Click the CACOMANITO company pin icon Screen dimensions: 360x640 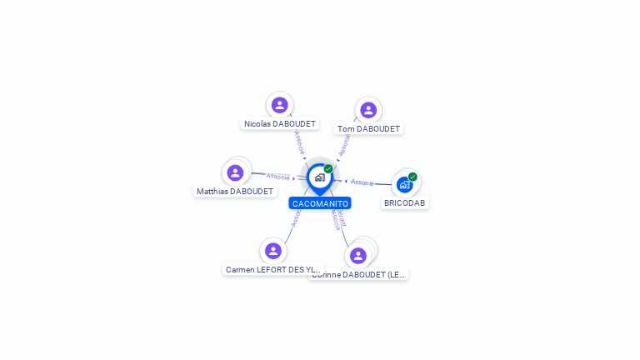click(x=319, y=177)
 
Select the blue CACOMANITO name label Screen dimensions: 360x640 click(x=320, y=203)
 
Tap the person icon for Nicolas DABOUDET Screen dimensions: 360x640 click(x=279, y=105)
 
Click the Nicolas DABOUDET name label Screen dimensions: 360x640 click(x=280, y=124)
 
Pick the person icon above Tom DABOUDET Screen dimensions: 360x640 click(x=368, y=110)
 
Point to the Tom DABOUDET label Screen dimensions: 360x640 click(x=369, y=129)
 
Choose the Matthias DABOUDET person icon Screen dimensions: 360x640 click(x=235, y=172)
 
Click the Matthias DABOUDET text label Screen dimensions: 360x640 click(x=235, y=192)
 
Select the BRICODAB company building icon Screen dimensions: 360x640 click(x=404, y=184)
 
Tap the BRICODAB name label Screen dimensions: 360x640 click(x=405, y=203)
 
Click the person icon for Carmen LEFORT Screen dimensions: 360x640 click(x=272, y=251)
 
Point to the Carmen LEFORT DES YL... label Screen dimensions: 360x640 click(x=272, y=270)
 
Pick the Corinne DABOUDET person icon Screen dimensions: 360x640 click(x=358, y=255)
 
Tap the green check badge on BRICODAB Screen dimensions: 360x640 click(x=412, y=177)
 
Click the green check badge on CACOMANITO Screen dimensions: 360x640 click(x=328, y=169)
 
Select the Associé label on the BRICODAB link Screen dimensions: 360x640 click(x=362, y=182)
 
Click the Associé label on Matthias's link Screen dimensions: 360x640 click(x=277, y=176)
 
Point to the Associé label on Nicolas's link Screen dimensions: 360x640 click(x=299, y=141)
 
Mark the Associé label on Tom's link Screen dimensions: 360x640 click(x=343, y=145)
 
